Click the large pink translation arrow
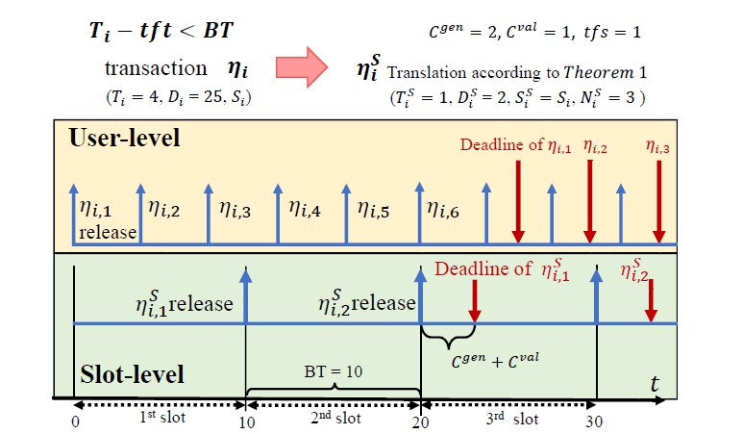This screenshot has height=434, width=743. [304, 66]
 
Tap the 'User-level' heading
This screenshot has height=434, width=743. [125, 138]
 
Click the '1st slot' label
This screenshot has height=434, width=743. [161, 421]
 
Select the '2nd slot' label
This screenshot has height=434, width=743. [334, 421]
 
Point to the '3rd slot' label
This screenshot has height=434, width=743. [509, 421]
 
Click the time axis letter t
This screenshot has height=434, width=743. [655, 383]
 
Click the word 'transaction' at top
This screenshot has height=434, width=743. [156, 69]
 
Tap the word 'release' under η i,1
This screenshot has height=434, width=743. [108, 232]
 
